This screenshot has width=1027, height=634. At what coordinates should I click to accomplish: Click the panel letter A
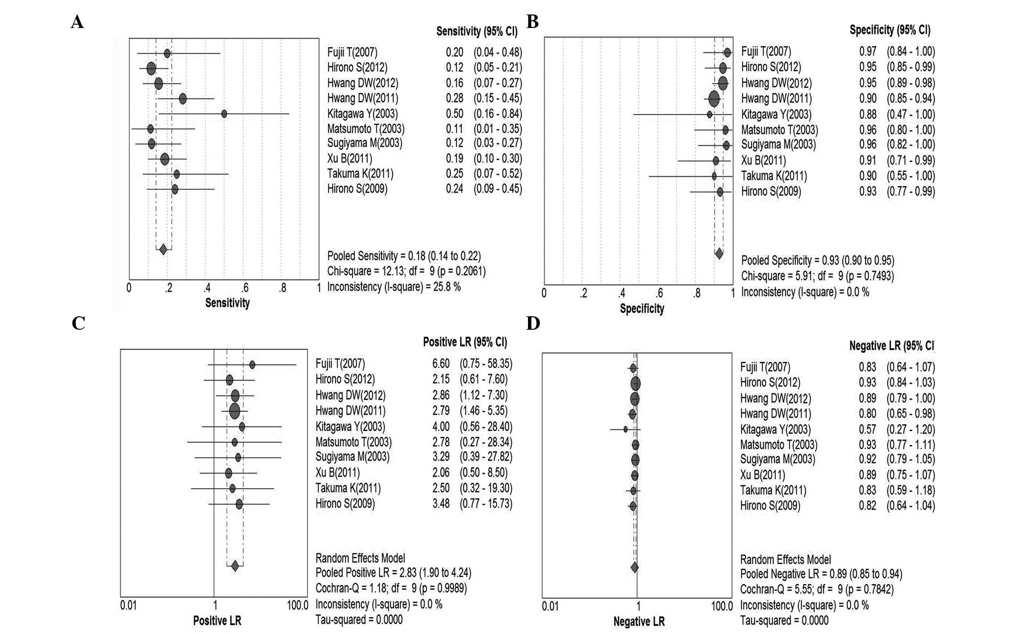77,22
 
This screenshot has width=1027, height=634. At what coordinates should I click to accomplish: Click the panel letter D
533,324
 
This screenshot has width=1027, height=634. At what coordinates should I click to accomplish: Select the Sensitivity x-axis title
228,303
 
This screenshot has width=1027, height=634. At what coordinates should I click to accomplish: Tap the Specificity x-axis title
642,309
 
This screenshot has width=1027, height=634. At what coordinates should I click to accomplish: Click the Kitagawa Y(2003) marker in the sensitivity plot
224,114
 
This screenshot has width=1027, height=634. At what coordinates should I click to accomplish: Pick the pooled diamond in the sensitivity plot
163,250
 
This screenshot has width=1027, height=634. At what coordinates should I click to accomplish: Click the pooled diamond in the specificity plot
719,254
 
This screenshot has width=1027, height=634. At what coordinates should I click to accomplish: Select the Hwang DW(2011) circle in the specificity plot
714,99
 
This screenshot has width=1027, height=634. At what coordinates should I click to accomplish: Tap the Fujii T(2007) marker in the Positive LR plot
252,365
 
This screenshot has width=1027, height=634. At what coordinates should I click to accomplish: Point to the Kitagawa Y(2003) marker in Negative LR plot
626,429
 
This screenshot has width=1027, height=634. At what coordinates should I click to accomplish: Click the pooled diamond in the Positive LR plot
235,566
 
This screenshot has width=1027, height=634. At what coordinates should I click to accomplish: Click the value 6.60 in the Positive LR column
441,364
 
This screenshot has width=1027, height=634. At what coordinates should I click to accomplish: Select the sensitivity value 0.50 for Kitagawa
455,114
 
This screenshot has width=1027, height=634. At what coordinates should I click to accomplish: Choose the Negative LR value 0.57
868,429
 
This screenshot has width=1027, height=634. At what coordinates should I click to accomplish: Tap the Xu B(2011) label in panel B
764,160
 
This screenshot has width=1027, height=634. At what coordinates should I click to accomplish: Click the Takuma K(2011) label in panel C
348,488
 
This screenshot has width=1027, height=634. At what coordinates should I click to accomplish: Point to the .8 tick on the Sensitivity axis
282,289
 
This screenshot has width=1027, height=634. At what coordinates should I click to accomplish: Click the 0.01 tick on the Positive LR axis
128,606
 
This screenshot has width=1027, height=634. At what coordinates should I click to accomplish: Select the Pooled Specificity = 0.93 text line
817,261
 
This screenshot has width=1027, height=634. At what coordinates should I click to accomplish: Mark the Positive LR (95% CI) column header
465,342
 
